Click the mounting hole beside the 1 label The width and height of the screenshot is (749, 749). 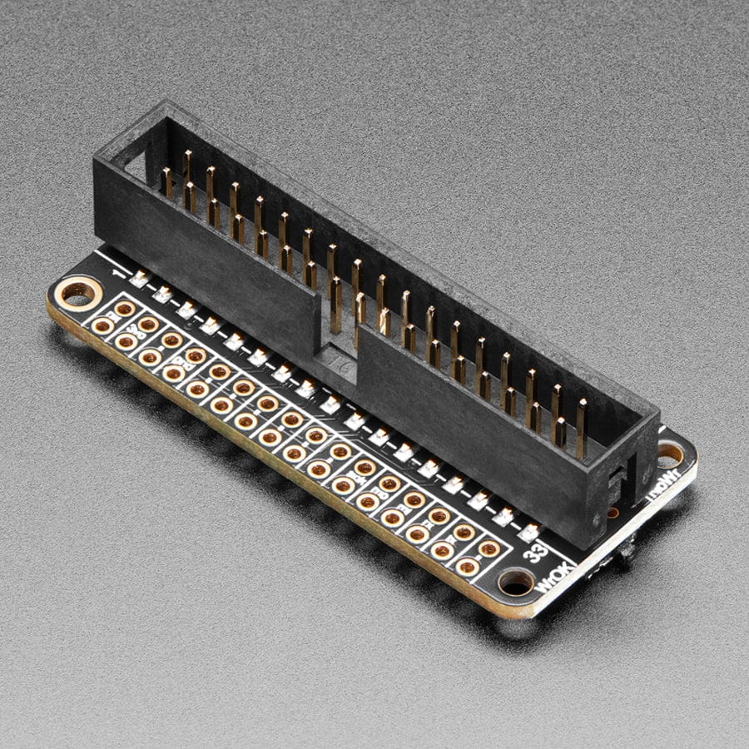[x=78, y=293]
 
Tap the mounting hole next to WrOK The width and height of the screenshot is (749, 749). [x=516, y=582]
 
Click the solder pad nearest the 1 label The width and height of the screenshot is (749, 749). [x=140, y=278]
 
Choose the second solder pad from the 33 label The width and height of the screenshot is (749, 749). [x=503, y=514]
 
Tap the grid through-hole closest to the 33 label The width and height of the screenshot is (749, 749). [x=490, y=548]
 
